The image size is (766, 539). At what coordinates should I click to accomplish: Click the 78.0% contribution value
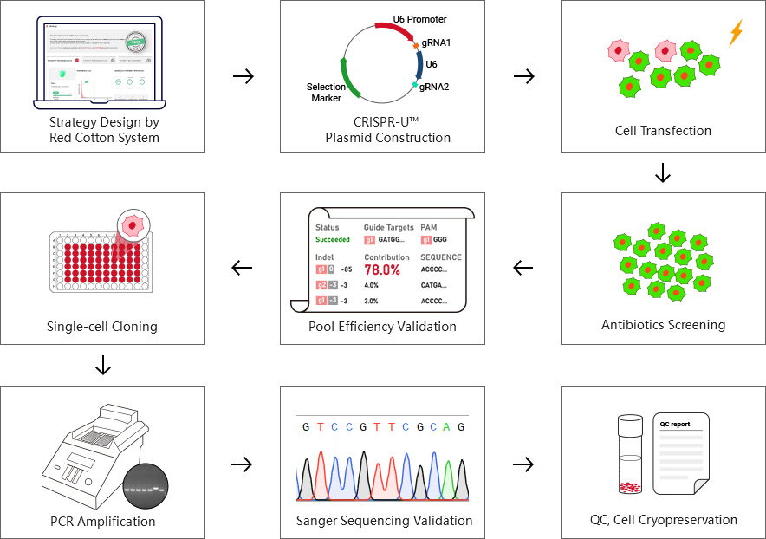382,269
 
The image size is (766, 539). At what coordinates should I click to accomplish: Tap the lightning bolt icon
736,33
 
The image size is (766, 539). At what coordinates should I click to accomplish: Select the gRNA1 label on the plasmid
436,42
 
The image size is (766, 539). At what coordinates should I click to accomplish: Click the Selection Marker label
326,93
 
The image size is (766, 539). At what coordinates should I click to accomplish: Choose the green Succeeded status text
333,239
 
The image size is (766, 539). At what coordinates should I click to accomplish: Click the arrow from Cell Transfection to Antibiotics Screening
663,172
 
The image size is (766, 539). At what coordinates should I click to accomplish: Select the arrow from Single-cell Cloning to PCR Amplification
103,366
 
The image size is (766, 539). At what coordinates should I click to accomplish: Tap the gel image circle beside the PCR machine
146,488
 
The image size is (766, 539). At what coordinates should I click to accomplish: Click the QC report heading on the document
676,425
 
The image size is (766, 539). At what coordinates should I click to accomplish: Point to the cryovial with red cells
630,455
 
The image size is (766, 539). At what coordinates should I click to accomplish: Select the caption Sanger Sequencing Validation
384,521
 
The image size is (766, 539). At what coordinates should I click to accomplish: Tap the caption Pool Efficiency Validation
382,327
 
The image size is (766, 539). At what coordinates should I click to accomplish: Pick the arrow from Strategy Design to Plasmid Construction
243,75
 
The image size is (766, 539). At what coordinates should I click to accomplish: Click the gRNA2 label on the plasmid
434,86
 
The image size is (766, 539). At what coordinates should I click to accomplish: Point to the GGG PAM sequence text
440,240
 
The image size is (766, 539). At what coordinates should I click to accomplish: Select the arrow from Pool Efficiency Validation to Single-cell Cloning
243,268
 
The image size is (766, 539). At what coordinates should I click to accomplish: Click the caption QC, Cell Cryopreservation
663,520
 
